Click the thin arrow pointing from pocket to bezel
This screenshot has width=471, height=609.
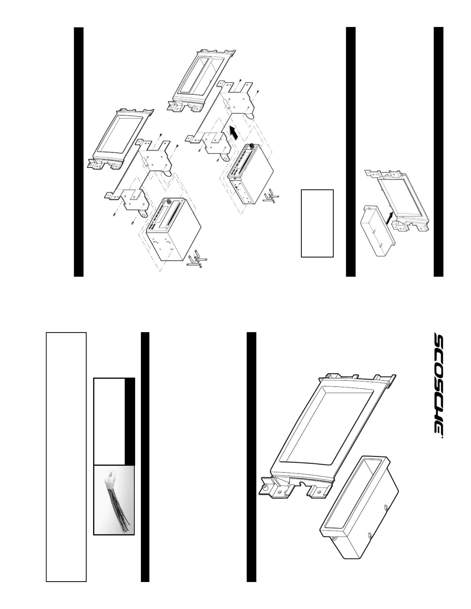(x=391, y=218)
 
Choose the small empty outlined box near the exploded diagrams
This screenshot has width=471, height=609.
(x=317, y=223)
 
